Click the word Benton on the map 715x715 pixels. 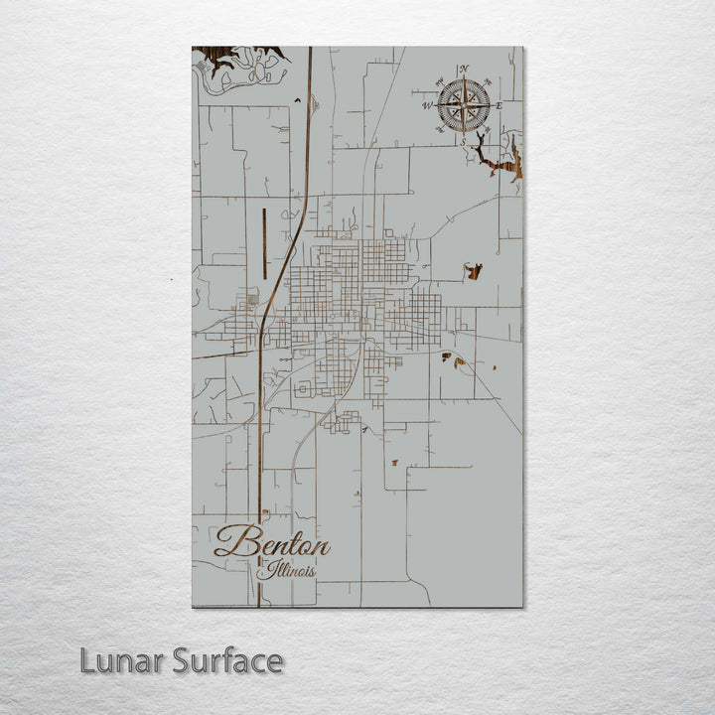pyautogui.click(x=272, y=543)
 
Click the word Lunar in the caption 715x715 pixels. pyautogui.click(x=122, y=660)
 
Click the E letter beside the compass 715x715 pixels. pyautogui.click(x=499, y=105)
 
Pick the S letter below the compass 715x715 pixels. pyautogui.click(x=463, y=141)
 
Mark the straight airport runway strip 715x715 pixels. pyautogui.click(x=264, y=243)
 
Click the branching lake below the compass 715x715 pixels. pyautogui.click(x=497, y=159)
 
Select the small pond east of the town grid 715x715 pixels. pyautogui.click(x=474, y=270)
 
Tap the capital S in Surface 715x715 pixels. pyautogui.click(x=182, y=660)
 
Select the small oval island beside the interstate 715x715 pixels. pyautogui.click(x=315, y=101)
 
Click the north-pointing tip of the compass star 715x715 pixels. pyautogui.click(x=464, y=78)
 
